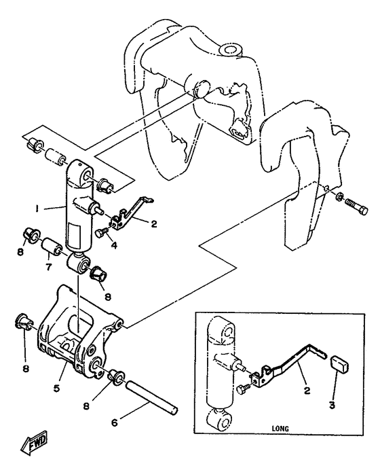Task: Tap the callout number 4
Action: coord(114,245)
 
